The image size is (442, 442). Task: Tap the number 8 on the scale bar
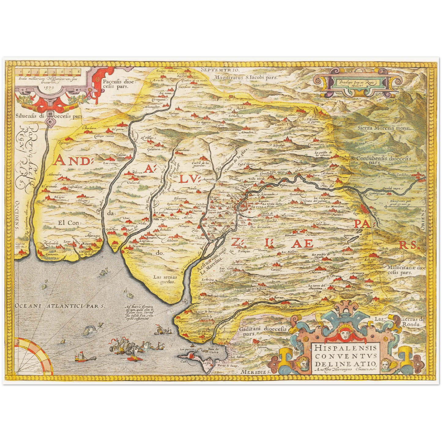(x=79, y=72)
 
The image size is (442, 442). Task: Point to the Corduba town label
(x=403, y=175)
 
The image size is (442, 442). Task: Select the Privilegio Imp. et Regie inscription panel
(x=355, y=82)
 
